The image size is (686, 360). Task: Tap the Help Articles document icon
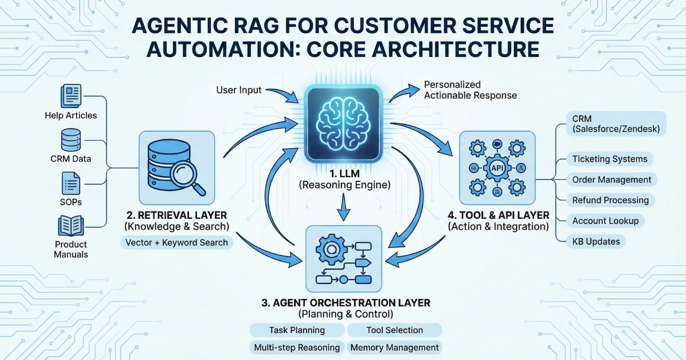(71, 95)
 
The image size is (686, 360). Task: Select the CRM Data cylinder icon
(71, 139)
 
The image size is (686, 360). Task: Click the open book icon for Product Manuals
(71, 226)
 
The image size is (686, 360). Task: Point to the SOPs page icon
(71, 184)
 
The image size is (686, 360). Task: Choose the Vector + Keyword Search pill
(177, 242)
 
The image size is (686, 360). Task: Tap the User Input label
(239, 90)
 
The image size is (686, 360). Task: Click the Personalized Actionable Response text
(470, 90)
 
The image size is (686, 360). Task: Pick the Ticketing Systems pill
(609, 159)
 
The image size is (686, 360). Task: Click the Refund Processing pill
(610, 200)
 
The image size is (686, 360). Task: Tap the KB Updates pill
(596, 241)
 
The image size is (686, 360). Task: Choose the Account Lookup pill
(605, 221)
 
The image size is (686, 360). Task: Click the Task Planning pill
(297, 330)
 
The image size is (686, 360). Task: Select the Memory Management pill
(394, 347)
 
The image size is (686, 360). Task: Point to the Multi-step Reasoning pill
(297, 347)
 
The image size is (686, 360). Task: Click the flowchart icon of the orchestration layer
(344, 261)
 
